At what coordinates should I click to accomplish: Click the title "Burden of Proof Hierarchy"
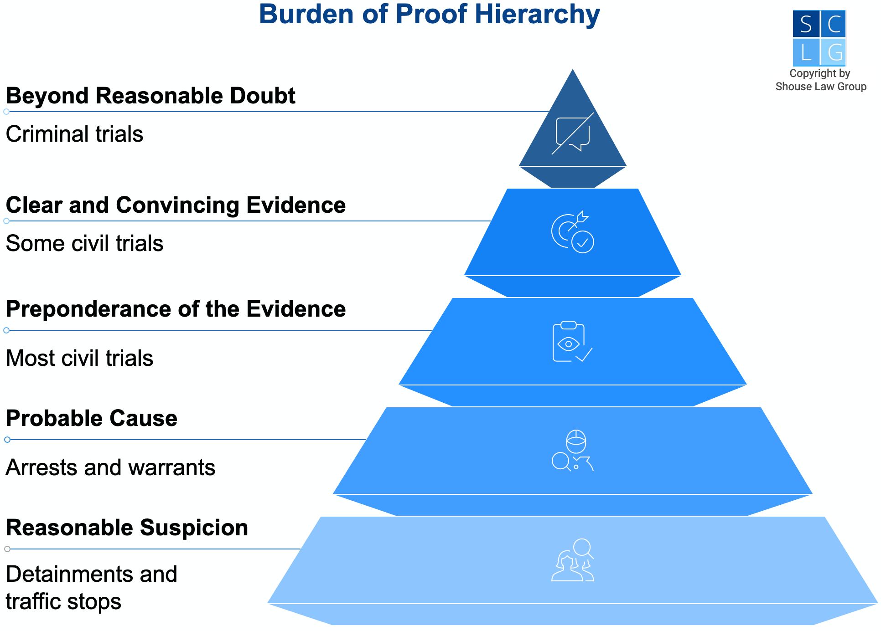point(429,15)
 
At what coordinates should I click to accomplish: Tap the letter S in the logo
point(806,24)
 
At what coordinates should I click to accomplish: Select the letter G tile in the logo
point(834,52)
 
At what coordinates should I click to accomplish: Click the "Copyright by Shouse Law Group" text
point(820,80)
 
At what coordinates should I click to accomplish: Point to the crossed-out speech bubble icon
point(573,134)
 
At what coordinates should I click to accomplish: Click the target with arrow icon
point(573,232)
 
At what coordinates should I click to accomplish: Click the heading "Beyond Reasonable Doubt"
point(150,96)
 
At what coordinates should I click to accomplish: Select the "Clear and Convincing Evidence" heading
point(176,205)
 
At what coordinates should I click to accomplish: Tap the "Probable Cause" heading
point(92,419)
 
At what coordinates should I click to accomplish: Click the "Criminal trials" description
point(74,134)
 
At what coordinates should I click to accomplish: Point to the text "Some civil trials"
point(84,244)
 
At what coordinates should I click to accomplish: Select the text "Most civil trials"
point(79,359)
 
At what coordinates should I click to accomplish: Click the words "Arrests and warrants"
point(110,468)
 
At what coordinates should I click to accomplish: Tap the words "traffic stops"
point(63,602)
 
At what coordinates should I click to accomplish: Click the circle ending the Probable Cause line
point(7,440)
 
